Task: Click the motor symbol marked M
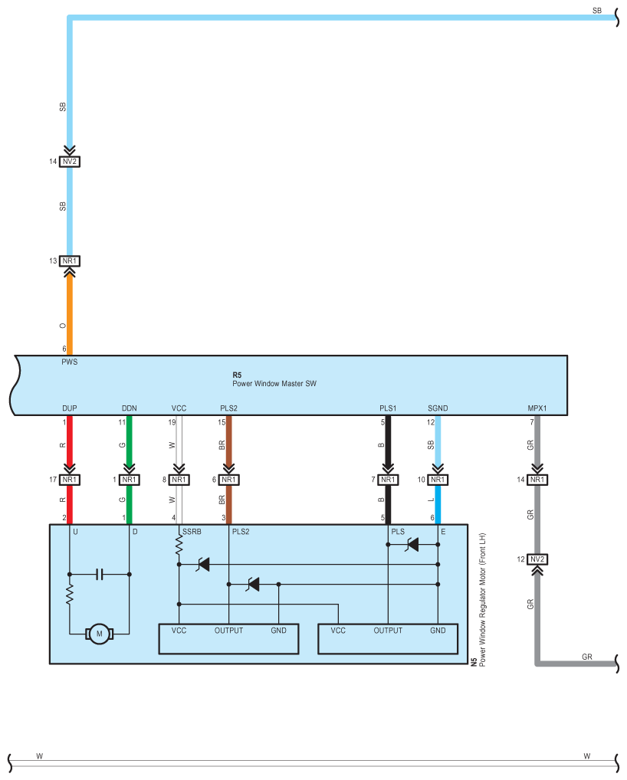click(97, 633)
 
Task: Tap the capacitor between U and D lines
click(99, 573)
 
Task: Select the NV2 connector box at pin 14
click(70, 162)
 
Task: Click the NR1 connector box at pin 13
click(70, 261)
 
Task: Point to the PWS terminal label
click(71, 362)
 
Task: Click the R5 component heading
click(237, 375)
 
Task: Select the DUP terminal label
click(70, 408)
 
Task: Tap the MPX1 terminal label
click(537, 408)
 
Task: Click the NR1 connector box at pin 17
click(70, 480)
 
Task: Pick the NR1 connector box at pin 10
click(437, 480)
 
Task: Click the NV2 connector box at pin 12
click(537, 559)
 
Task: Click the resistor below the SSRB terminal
click(179, 546)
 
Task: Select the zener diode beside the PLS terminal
click(412, 545)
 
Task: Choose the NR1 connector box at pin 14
click(537, 480)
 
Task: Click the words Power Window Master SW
click(274, 382)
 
